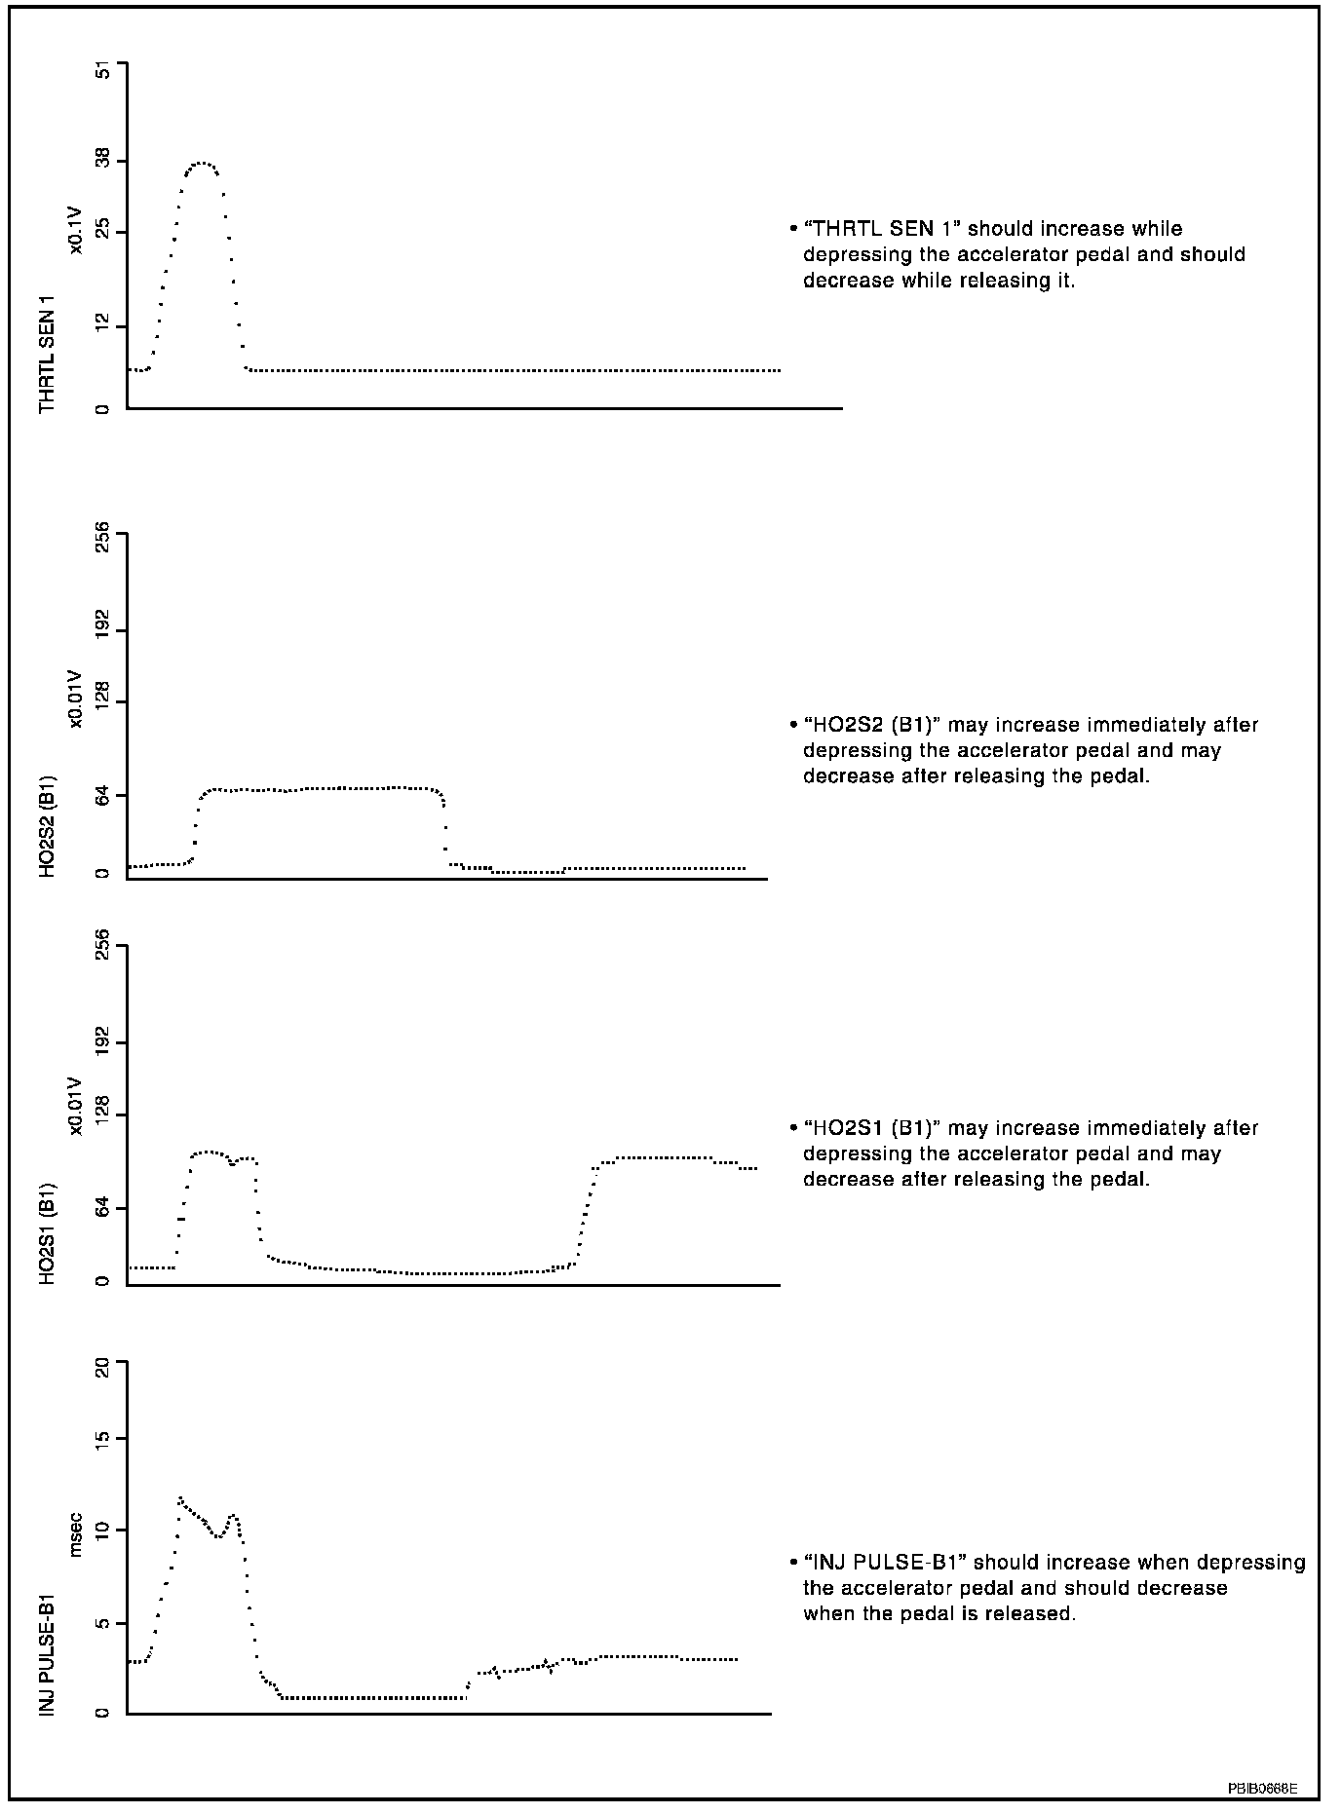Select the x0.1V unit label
point(75,232)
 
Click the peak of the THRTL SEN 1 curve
point(202,163)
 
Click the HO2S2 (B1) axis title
point(47,826)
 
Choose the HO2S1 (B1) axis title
point(47,1233)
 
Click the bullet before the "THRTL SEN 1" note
point(793,229)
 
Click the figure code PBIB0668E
point(1262,1789)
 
